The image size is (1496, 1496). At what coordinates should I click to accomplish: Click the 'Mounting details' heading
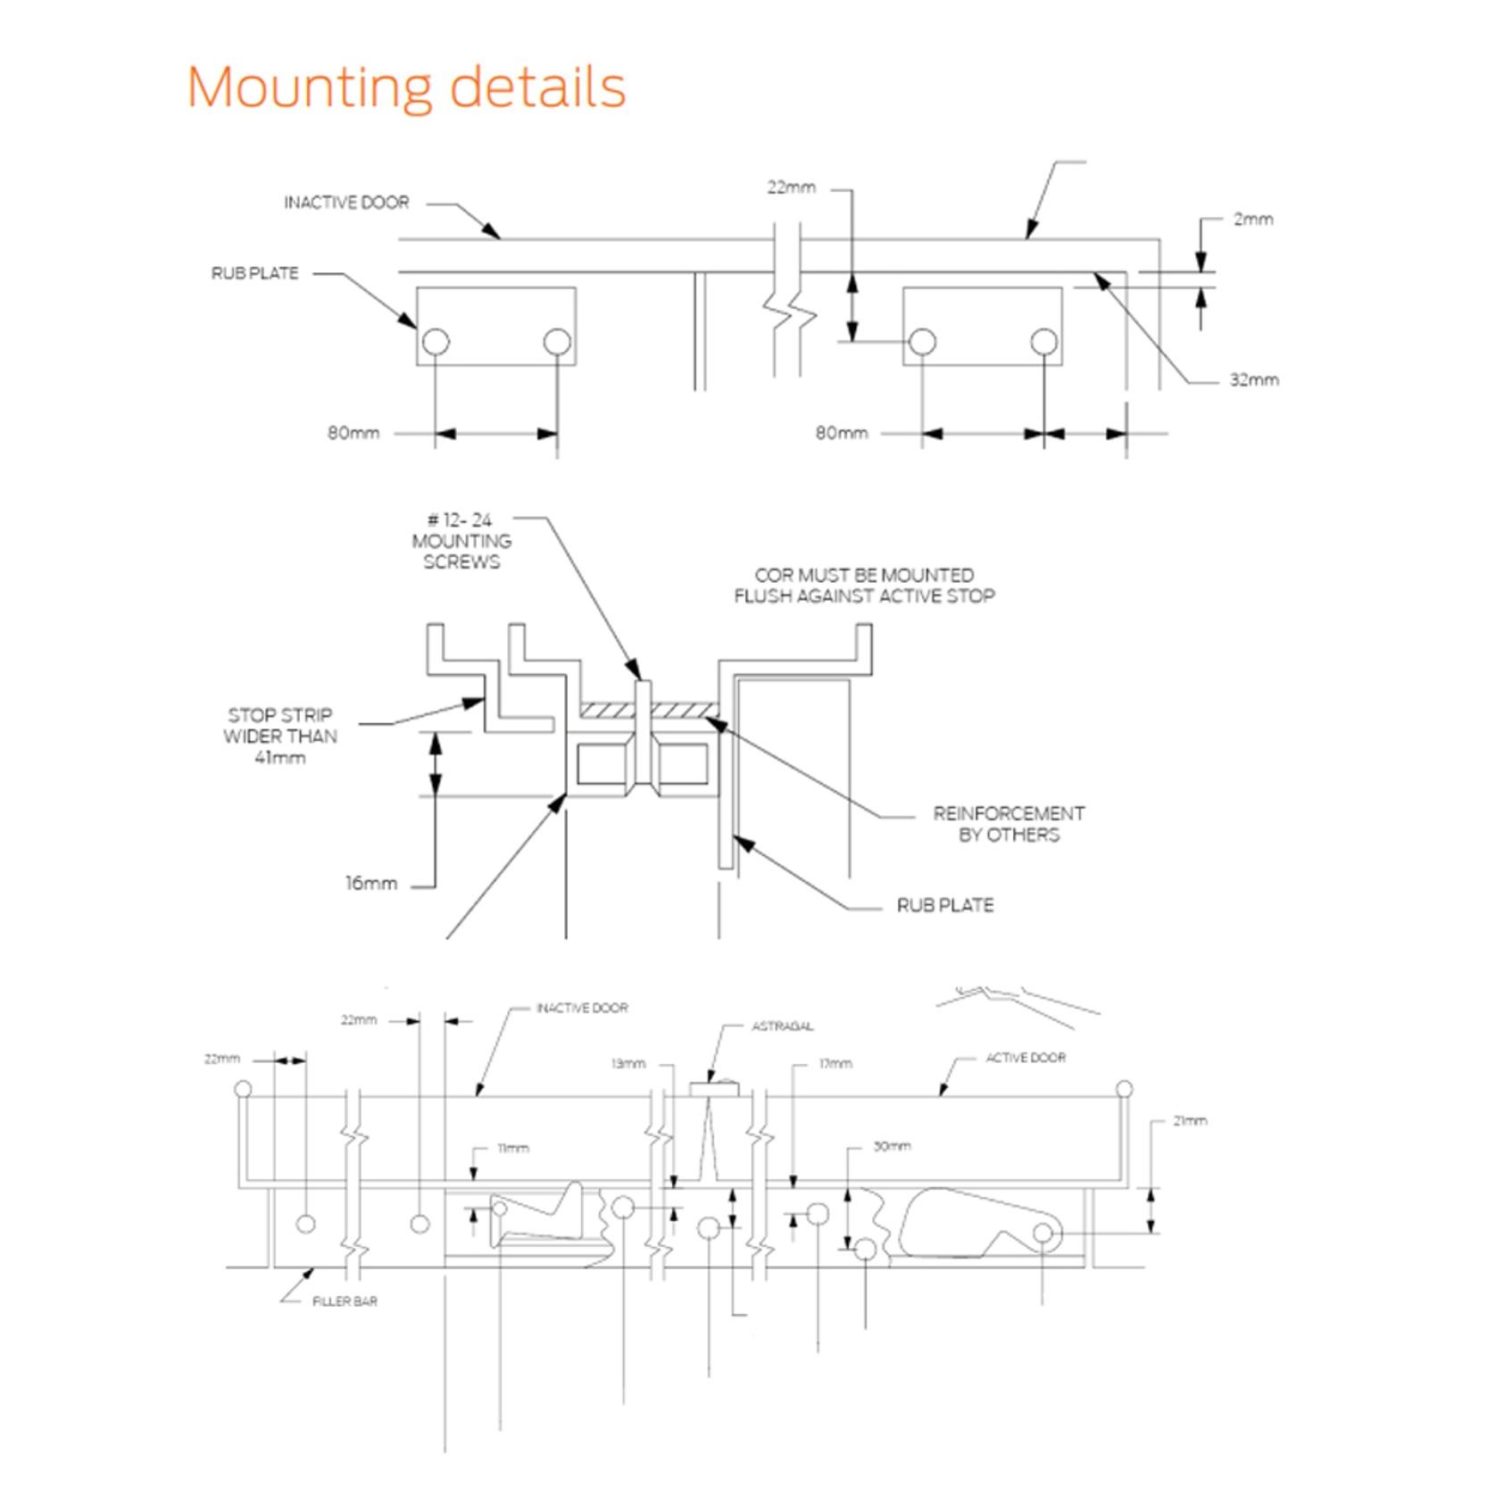[x=406, y=87]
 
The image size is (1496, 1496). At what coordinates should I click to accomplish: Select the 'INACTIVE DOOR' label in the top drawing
[x=346, y=203]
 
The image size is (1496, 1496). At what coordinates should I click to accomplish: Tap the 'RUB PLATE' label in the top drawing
[x=254, y=273]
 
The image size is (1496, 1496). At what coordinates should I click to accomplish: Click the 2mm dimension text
[x=1253, y=219]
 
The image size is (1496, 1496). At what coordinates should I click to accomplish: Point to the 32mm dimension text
[x=1254, y=379]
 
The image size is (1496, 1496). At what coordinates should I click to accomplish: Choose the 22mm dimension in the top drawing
[x=791, y=187]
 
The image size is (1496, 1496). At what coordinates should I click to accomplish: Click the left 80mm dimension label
[x=353, y=433]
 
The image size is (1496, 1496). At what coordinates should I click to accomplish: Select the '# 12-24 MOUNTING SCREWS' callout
[x=461, y=541]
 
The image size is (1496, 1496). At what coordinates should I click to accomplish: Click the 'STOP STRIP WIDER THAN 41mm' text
[x=280, y=736]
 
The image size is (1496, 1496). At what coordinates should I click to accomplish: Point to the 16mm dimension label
[x=371, y=884]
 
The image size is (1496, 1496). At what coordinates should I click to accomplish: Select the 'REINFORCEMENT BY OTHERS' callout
[x=1009, y=824]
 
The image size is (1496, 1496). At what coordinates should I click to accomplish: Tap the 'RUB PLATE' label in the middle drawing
[x=945, y=905]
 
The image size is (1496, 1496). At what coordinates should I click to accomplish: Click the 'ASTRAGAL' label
[x=782, y=1026]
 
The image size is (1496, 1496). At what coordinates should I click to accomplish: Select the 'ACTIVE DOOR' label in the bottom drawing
[x=1026, y=1058]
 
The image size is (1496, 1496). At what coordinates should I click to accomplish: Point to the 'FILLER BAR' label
[x=345, y=1301]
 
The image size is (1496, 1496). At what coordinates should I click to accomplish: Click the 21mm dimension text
[x=1190, y=1120]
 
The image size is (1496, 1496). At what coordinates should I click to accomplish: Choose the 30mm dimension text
[x=892, y=1145]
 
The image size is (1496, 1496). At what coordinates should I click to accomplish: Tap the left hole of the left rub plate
[x=436, y=341]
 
